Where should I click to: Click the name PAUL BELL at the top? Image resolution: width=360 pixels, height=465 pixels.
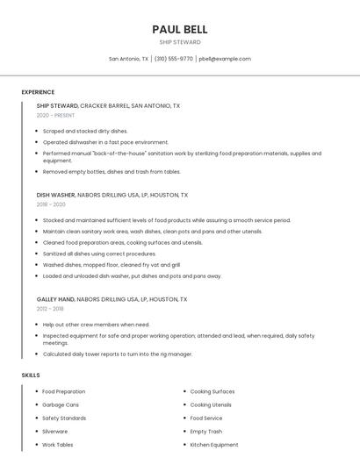pos(179,30)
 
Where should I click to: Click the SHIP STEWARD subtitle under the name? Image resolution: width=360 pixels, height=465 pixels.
pos(179,42)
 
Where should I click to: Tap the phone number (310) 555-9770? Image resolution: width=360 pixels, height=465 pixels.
pos(174,59)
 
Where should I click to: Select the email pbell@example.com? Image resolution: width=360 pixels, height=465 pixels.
pos(225,59)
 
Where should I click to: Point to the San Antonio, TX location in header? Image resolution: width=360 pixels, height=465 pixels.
pos(128,59)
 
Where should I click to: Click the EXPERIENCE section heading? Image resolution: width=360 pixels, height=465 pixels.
pos(38,92)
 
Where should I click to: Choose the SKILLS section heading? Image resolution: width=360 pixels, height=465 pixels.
pos(31,376)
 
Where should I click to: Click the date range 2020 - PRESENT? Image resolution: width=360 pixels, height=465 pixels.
pos(55,115)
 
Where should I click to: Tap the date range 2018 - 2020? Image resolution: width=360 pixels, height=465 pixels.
pos(52,204)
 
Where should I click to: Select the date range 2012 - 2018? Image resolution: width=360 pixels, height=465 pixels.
pos(50,309)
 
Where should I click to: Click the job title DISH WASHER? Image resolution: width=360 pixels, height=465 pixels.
pos(55,195)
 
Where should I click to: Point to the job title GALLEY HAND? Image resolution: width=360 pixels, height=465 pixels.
pos(55,299)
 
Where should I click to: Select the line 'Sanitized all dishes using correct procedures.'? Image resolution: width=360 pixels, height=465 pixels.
pos(99,254)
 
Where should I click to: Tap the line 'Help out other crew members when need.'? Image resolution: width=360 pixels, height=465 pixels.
pos(96,324)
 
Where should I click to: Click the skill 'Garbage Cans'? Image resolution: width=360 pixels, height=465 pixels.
pos(61,404)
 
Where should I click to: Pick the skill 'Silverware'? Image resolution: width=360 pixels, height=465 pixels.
pos(54,432)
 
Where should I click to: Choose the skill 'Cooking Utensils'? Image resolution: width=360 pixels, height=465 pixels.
pos(211,404)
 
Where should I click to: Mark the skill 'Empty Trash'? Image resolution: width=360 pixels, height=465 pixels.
pos(206,432)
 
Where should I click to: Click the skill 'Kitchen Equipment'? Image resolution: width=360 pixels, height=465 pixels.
pos(214,445)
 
